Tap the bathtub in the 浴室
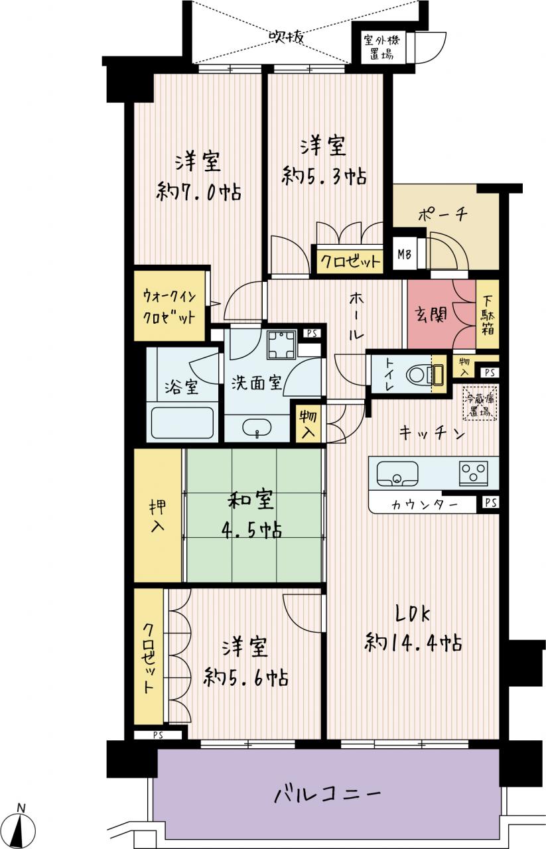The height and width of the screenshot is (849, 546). tap(182, 423)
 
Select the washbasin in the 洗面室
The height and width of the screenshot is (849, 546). tap(257, 428)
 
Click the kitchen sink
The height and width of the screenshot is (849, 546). tap(397, 474)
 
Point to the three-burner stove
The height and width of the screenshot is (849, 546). tap(473, 472)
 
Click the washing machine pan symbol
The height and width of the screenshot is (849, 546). tap(281, 344)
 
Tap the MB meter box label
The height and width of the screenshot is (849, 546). tap(404, 254)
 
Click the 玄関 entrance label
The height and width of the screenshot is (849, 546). tap(431, 314)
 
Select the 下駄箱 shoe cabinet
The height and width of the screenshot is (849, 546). tap(488, 314)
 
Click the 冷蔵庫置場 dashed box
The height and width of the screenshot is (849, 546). tap(480, 403)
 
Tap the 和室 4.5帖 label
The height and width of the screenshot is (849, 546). tap(251, 515)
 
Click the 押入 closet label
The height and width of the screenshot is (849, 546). tap(157, 516)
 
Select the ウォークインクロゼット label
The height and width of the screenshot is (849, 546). tap(169, 306)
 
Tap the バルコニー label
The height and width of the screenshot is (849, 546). tap(327, 794)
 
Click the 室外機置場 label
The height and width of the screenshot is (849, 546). tap(381, 47)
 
